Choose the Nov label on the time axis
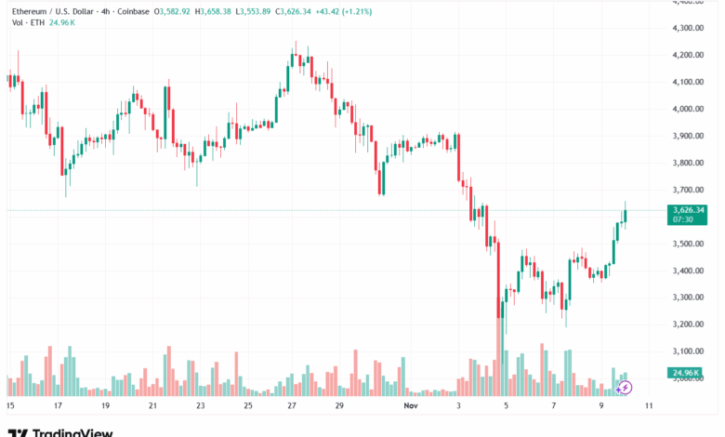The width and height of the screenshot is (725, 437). (x=411, y=405)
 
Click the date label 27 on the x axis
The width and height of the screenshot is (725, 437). (x=292, y=405)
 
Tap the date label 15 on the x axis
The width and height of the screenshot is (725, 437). (x=10, y=405)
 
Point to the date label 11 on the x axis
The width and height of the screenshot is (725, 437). (x=647, y=405)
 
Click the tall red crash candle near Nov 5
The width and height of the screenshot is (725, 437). (x=499, y=279)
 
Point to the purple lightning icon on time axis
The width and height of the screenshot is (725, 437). (x=624, y=387)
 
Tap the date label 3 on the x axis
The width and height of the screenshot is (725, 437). (x=459, y=405)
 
